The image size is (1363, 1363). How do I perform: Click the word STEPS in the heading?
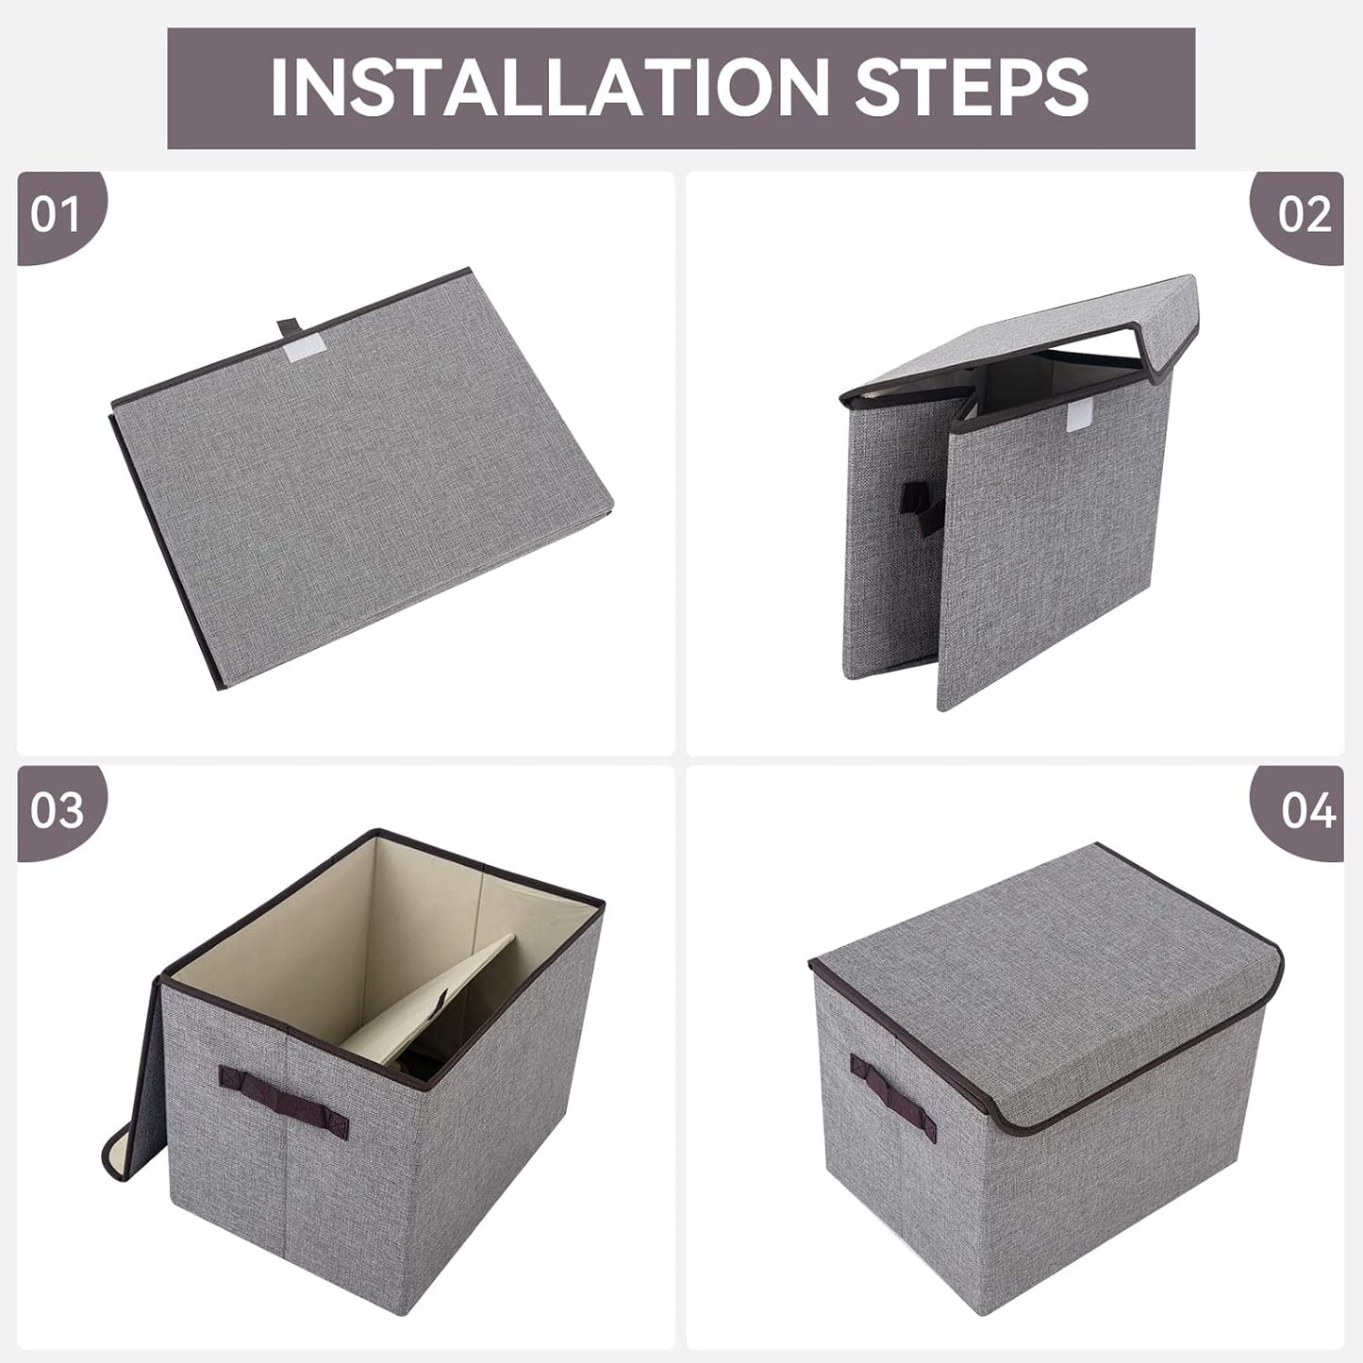971,88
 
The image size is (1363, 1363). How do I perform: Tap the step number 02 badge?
1304,215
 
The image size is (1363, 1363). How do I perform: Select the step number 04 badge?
1307,810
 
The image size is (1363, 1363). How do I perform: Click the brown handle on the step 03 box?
283,1098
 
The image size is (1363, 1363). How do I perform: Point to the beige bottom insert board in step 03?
434,1000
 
